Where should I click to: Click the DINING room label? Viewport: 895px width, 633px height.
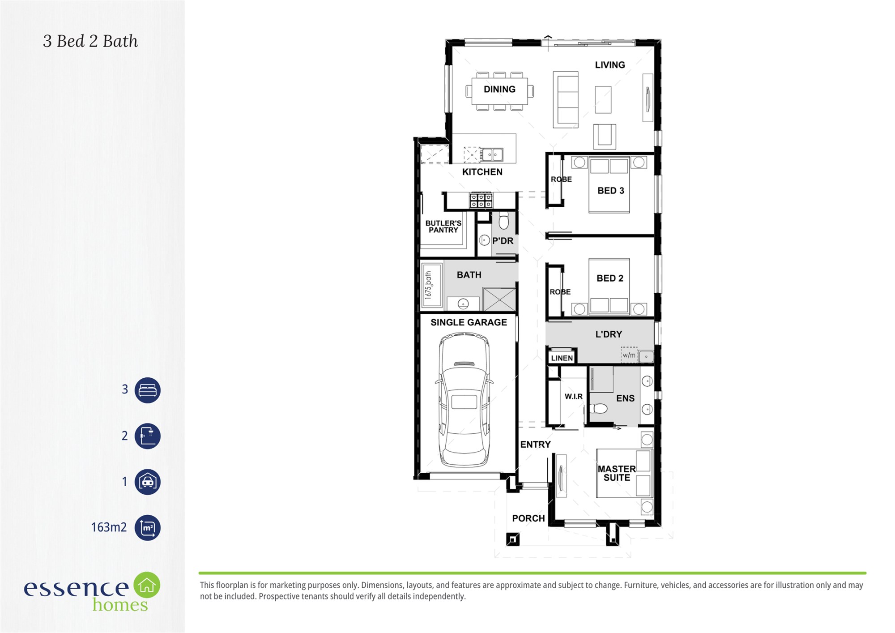(x=499, y=89)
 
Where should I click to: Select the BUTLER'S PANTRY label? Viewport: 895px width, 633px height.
(x=443, y=227)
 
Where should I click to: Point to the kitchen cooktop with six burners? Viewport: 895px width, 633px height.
(x=481, y=201)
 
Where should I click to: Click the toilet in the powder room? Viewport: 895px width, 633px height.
(x=504, y=221)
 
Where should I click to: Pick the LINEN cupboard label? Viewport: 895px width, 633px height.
(x=562, y=358)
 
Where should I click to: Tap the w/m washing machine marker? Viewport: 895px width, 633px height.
(x=629, y=355)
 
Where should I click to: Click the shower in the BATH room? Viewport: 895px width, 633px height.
(x=499, y=299)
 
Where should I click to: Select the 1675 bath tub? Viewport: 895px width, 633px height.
(x=431, y=285)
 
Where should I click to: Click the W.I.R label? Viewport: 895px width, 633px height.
(x=573, y=397)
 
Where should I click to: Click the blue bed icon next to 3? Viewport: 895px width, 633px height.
(x=148, y=390)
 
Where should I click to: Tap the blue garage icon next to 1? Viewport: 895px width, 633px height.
(x=148, y=482)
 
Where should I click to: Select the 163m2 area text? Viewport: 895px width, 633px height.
(x=109, y=527)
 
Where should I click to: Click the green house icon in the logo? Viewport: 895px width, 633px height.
(x=147, y=585)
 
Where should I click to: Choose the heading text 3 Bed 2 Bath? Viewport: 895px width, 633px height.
(x=90, y=41)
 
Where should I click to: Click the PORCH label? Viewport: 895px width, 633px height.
(x=528, y=518)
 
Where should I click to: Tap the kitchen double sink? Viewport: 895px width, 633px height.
(x=492, y=155)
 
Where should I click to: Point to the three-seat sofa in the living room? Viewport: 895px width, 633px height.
(x=566, y=99)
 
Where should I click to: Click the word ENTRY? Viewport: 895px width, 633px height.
(x=535, y=445)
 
